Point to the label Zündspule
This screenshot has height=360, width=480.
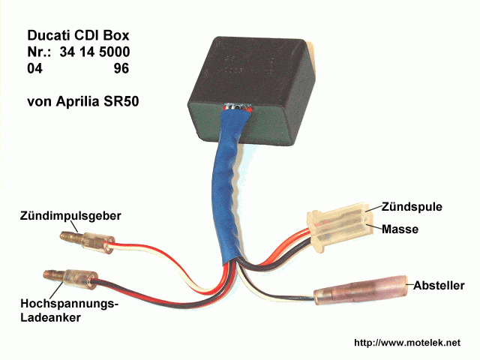[x=412, y=205]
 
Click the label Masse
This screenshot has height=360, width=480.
[x=400, y=227]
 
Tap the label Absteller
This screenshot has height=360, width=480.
[x=438, y=286]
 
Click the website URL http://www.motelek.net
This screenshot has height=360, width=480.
[x=416, y=343]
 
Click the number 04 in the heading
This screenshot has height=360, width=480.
[x=34, y=68]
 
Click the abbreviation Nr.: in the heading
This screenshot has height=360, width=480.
[x=38, y=52]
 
